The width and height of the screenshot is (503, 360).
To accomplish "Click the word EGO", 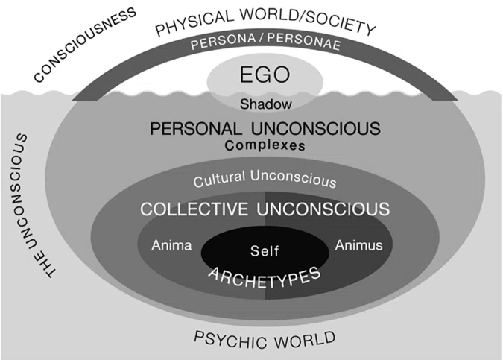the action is point(265,75).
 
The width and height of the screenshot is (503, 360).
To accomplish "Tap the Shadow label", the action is point(266,104).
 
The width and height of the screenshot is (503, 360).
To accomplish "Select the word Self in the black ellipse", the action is point(265,250).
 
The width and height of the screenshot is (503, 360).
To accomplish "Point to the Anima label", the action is point(171,245).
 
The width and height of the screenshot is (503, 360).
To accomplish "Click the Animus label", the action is point(358,245).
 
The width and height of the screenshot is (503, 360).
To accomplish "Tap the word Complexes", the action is point(265,145).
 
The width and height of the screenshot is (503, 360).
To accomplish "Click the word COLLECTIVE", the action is point(194,209).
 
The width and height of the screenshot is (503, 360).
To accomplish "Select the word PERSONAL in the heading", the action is point(196,129).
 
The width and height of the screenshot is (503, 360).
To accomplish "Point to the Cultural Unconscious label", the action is point(265,179).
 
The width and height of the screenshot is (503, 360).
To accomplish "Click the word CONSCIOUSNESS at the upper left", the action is point(86,44).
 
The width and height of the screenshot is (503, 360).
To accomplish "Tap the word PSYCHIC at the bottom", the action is point(229,341).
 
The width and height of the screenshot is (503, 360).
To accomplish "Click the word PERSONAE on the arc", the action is point(304,41).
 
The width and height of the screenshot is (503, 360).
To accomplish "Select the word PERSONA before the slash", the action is point(224,41).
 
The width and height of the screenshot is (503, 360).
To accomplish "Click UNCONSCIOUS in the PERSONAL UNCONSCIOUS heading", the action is point(316,129).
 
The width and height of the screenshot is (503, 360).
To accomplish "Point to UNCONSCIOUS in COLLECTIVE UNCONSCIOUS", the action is point(323,209).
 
